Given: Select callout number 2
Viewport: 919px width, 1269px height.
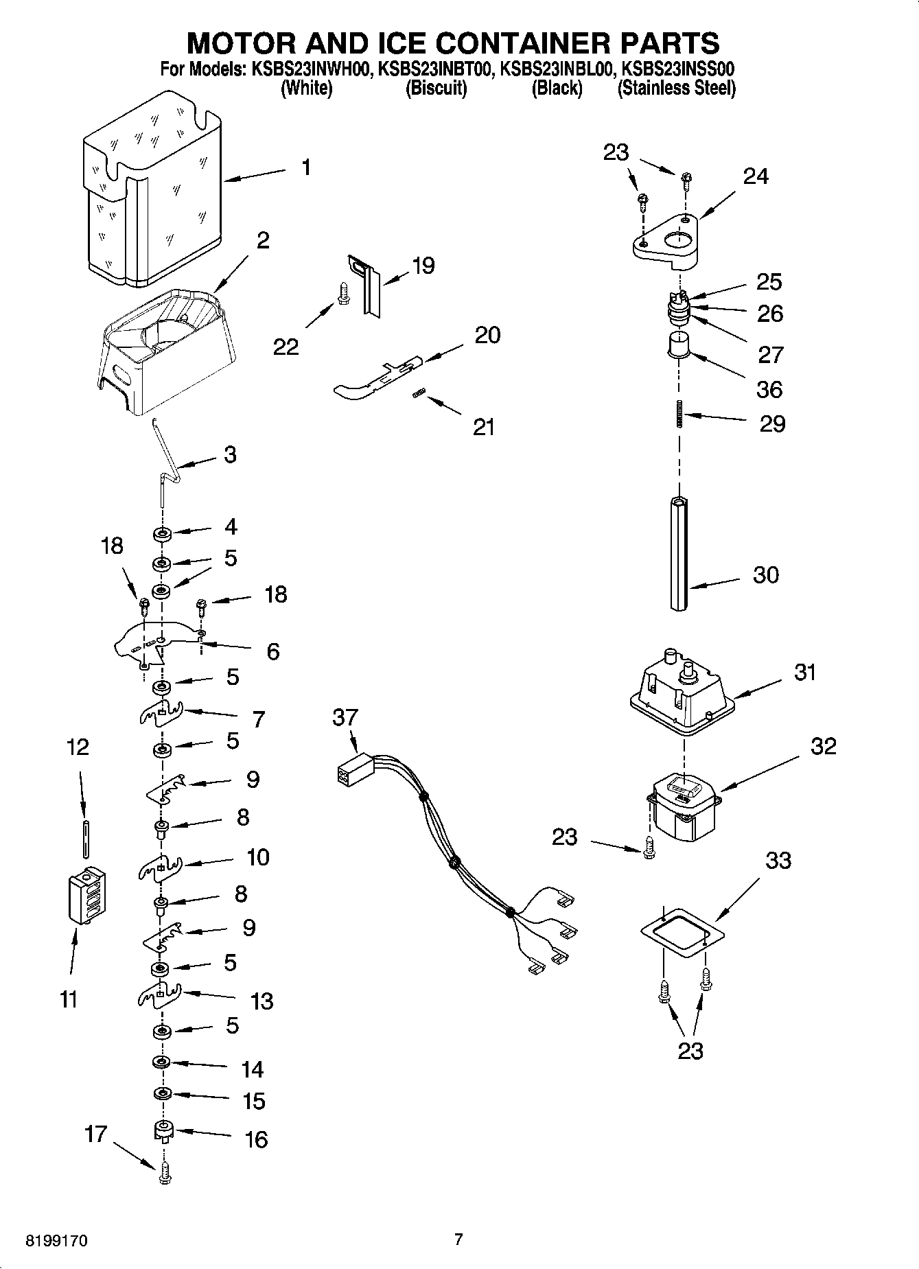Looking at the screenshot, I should click(x=263, y=240).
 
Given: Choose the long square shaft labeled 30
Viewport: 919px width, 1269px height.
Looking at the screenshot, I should click(x=679, y=552).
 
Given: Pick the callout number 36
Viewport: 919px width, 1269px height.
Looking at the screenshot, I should click(x=769, y=389).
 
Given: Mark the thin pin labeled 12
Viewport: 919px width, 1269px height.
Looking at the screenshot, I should click(x=84, y=837).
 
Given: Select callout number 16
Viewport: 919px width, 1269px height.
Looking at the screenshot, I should click(x=256, y=1139).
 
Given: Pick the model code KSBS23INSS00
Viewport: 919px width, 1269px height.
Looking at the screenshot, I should click(x=678, y=69).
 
